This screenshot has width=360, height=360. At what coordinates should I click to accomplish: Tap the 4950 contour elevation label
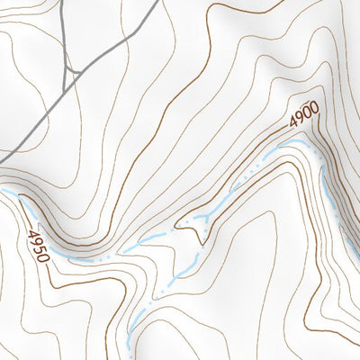[37, 246]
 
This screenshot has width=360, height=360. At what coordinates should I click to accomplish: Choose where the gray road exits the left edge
[1, 163]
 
